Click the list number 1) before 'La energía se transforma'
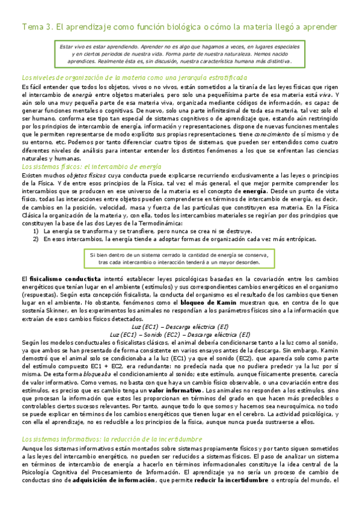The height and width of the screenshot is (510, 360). [x=36, y=231]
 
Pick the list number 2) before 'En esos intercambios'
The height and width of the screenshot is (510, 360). [x=36, y=239]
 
